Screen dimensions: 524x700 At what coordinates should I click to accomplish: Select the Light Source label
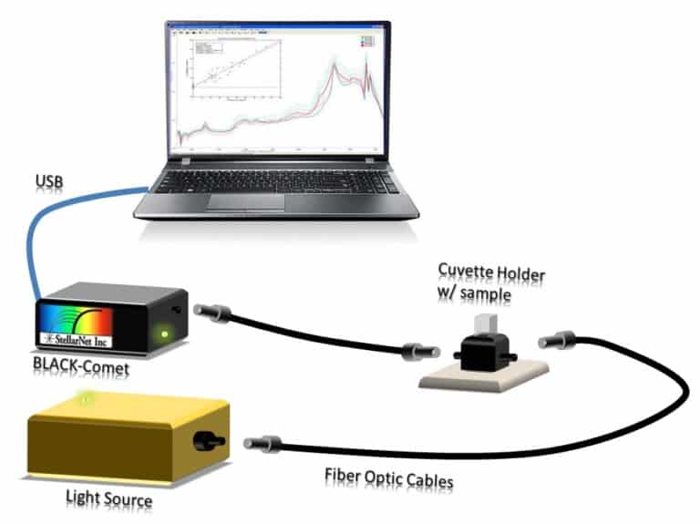coord(108,498)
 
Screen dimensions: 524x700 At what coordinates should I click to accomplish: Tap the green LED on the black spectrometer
coord(164,333)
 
